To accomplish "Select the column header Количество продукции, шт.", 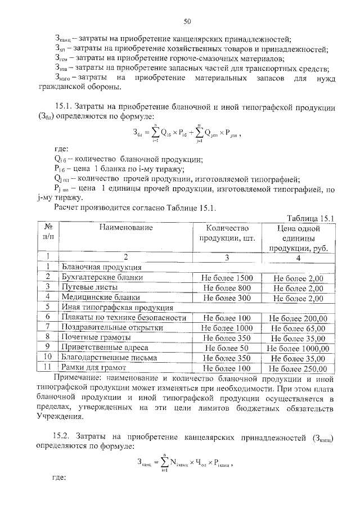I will (x=227, y=233).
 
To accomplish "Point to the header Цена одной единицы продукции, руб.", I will (x=298, y=238).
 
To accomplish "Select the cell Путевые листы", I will (x=89, y=287).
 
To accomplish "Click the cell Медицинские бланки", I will (x=101, y=298).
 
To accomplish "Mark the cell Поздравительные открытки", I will (x=110, y=328).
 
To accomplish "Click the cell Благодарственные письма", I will (x=109, y=358).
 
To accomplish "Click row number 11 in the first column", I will (x=48, y=368).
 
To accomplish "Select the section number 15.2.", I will (x=64, y=436).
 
